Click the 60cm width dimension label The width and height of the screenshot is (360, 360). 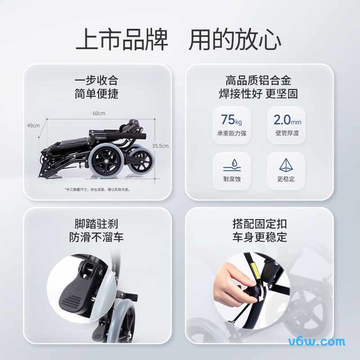pos(99,113)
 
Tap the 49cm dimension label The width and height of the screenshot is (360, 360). pos(33,126)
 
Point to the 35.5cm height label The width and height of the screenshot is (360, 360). pos(160,146)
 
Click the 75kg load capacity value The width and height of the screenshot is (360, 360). pos(231,120)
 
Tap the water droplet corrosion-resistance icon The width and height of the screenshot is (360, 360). pos(232,164)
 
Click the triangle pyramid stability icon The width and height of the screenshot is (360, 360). pos(286,165)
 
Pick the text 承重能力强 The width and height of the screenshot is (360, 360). pos(232,133)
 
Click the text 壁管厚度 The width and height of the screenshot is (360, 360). pos(287,133)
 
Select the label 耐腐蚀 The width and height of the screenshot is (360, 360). pos(232,179)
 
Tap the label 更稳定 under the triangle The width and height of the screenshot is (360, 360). pos(286,179)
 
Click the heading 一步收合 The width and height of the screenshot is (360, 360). pos(96,81)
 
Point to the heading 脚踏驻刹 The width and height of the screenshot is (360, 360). pos(96,224)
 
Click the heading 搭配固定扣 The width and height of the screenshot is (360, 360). pos(260,224)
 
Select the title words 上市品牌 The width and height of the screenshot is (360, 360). pos(121,40)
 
